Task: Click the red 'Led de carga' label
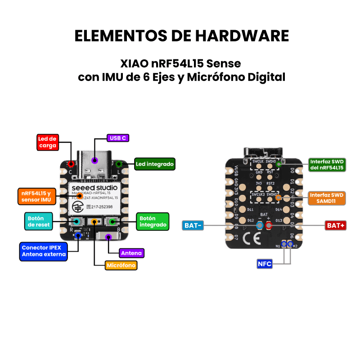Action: click(x=47, y=142)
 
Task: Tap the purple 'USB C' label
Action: click(x=117, y=138)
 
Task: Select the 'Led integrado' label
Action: click(x=154, y=164)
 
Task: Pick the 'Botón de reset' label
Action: click(x=39, y=221)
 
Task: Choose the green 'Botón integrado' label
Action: click(x=153, y=221)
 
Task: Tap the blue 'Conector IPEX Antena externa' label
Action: click(x=43, y=251)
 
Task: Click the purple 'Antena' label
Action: click(x=131, y=253)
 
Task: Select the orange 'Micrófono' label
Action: click(x=121, y=265)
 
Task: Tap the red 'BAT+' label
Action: click(x=335, y=225)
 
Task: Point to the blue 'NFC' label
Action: click(x=265, y=264)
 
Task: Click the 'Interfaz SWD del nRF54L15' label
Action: click(x=327, y=164)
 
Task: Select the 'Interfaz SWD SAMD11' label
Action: click(x=327, y=198)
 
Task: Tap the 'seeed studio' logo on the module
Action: click(x=95, y=187)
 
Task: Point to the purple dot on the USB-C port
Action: click(x=94, y=160)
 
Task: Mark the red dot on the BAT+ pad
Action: click(x=269, y=225)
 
